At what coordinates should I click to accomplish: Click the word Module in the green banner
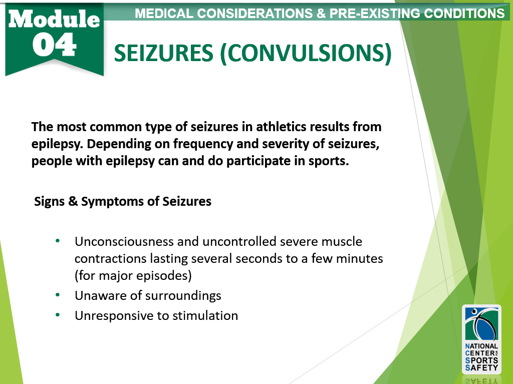[54, 19]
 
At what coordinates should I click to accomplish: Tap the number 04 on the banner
[54, 45]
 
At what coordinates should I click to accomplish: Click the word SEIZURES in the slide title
[164, 53]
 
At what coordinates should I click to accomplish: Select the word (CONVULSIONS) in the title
[306, 53]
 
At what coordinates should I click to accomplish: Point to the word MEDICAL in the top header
[164, 14]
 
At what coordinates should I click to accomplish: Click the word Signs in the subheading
[50, 201]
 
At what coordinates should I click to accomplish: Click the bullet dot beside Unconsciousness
[58, 241]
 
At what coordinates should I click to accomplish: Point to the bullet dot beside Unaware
[58, 295]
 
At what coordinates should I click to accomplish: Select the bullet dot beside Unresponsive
[58, 315]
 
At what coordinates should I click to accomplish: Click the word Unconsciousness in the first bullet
[124, 241]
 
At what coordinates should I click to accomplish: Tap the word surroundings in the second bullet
[183, 296]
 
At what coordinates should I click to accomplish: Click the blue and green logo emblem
[481, 323]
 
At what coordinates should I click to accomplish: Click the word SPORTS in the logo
[481, 360]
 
